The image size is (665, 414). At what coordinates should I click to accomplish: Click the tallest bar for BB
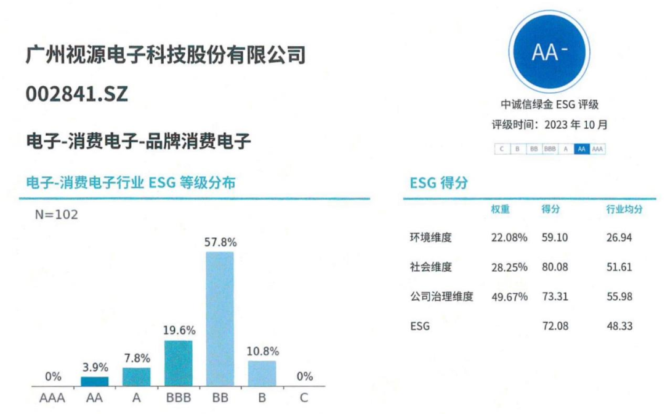[220, 319]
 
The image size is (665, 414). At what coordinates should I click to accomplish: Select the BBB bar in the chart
[178, 363]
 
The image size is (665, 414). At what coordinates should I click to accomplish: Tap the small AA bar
[95, 381]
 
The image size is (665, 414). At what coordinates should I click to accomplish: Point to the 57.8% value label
[220, 242]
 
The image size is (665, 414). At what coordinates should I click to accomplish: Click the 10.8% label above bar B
[262, 352]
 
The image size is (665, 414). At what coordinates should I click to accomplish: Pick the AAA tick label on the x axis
[52, 398]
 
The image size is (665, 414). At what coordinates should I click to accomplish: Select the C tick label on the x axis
[304, 398]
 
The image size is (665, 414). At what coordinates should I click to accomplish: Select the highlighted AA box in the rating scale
[581, 149]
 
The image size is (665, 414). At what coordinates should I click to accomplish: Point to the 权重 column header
[500, 209]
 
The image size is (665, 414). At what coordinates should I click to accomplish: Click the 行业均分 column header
[624, 209]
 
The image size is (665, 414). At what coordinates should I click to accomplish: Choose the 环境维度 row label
[431, 237]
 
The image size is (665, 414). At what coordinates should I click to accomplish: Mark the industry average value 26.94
[619, 237]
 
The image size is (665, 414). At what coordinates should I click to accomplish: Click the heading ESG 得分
[439, 183]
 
